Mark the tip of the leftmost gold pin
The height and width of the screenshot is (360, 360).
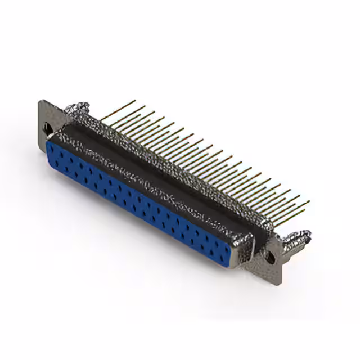[x=134, y=101]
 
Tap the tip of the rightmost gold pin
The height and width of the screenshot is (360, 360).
[x=308, y=202]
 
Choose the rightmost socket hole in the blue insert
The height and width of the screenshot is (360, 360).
[x=239, y=247]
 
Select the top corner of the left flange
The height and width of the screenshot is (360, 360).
[x=40, y=102]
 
